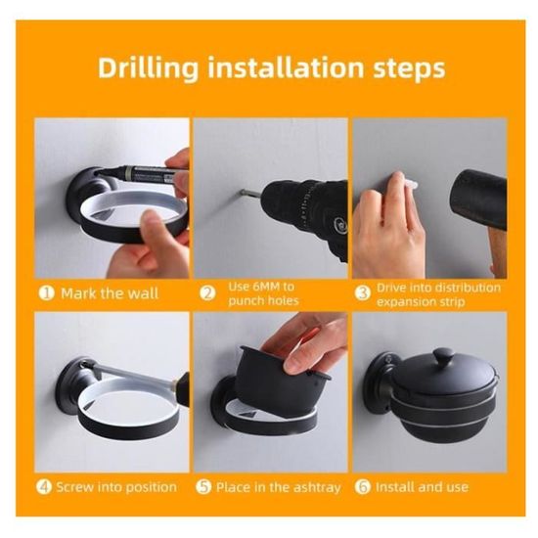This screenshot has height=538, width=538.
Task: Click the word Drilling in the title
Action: (x=149, y=68)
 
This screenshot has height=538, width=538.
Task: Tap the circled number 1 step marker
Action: (x=47, y=293)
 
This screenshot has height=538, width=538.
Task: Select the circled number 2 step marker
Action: (x=208, y=293)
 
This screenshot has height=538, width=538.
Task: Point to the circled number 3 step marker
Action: (x=363, y=293)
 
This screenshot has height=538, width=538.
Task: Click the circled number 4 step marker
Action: (x=44, y=487)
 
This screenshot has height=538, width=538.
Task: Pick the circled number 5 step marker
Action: (x=203, y=487)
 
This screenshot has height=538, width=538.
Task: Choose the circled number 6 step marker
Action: (x=363, y=487)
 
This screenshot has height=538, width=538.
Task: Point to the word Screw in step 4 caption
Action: (x=75, y=487)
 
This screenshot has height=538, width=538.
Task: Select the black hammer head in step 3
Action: (x=480, y=199)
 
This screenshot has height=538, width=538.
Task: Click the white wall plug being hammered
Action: (x=410, y=186)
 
